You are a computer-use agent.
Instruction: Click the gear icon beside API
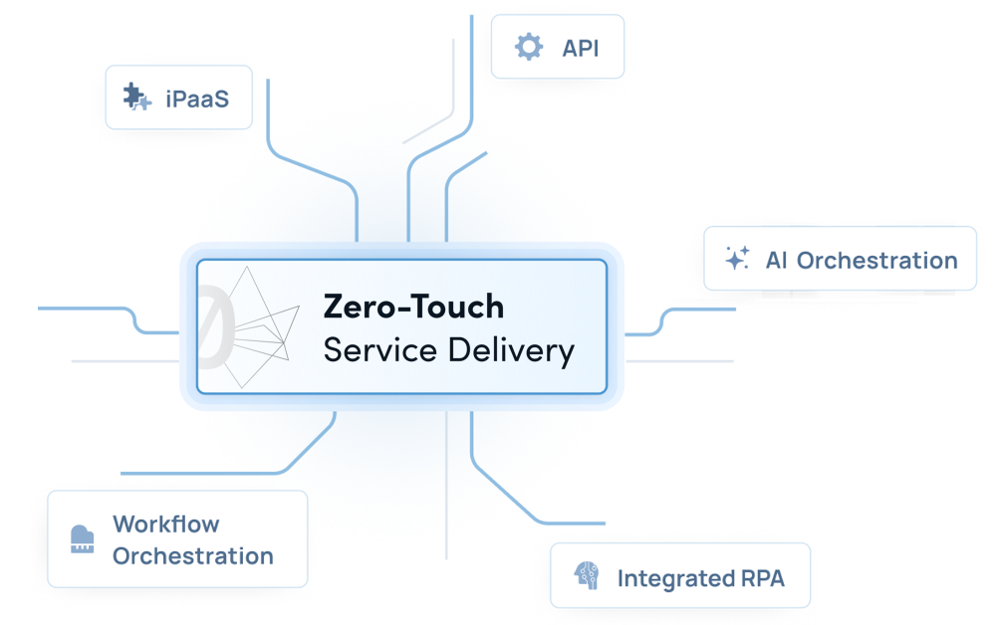click(529, 47)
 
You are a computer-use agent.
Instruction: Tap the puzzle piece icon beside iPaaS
click(136, 98)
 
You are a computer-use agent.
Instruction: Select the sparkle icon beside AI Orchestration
click(736, 260)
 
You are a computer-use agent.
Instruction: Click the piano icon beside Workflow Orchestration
click(83, 540)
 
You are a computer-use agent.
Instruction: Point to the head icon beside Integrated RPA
click(585, 577)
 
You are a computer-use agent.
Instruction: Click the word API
click(581, 48)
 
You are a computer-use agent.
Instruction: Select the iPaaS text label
click(197, 99)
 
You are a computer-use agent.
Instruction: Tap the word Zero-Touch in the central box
click(413, 306)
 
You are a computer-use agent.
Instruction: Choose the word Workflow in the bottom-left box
click(166, 523)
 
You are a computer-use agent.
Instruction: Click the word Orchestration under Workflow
click(193, 556)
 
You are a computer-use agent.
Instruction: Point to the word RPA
click(762, 578)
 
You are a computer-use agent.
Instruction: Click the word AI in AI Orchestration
click(777, 261)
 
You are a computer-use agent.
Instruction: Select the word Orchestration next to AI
click(877, 261)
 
